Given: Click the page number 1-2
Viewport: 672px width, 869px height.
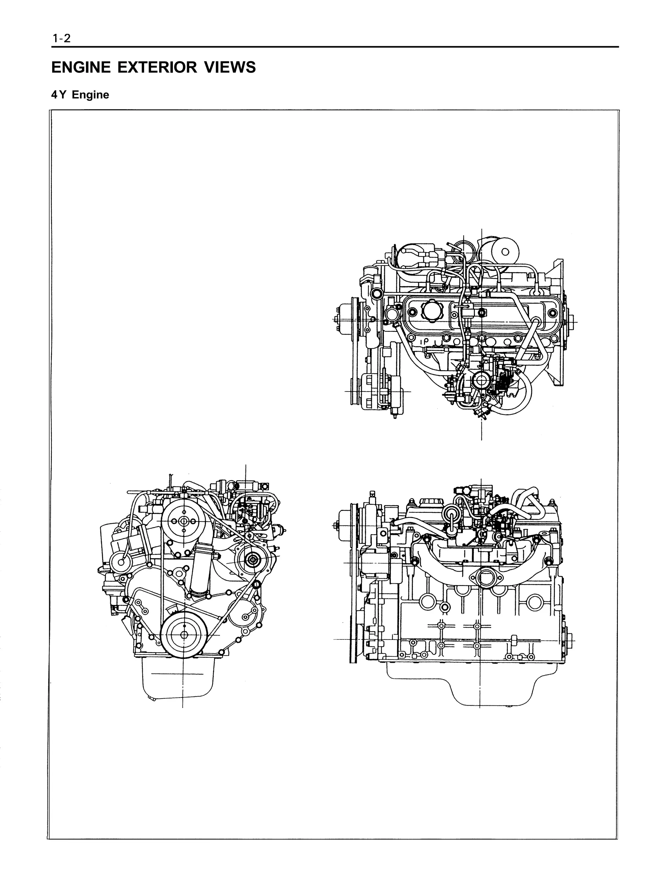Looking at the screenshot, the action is (x=61, y=39).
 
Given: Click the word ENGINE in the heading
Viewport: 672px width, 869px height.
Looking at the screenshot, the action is (x=81, y=67).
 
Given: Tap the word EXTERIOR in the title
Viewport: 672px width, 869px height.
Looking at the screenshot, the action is (x=157, y=67).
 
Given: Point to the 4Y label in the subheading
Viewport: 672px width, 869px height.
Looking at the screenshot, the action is (x=58, y=95).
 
